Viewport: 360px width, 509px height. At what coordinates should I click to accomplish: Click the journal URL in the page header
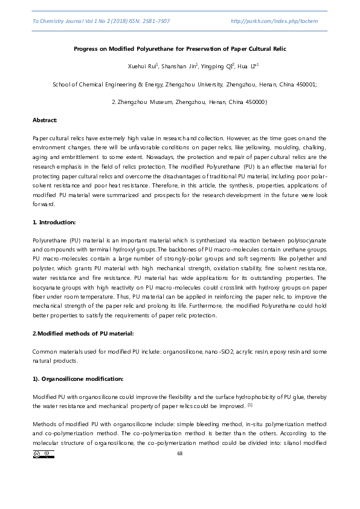[x=274, y=21]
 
